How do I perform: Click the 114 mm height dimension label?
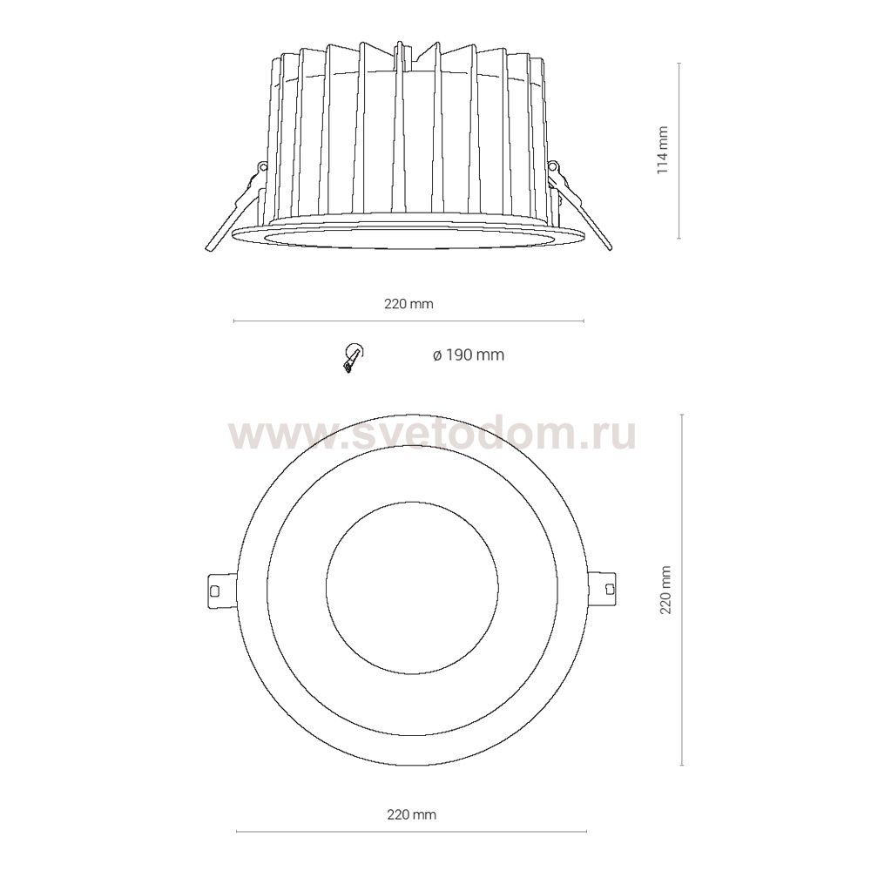(x=663, y=151)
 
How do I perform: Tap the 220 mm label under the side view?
(x=408, y=304)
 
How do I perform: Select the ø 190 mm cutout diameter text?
(x=469, y=355)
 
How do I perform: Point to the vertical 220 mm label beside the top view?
(x=665, y=590)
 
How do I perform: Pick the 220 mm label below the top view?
(x=412, y=814)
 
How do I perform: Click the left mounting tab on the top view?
(x=221, y=590)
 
